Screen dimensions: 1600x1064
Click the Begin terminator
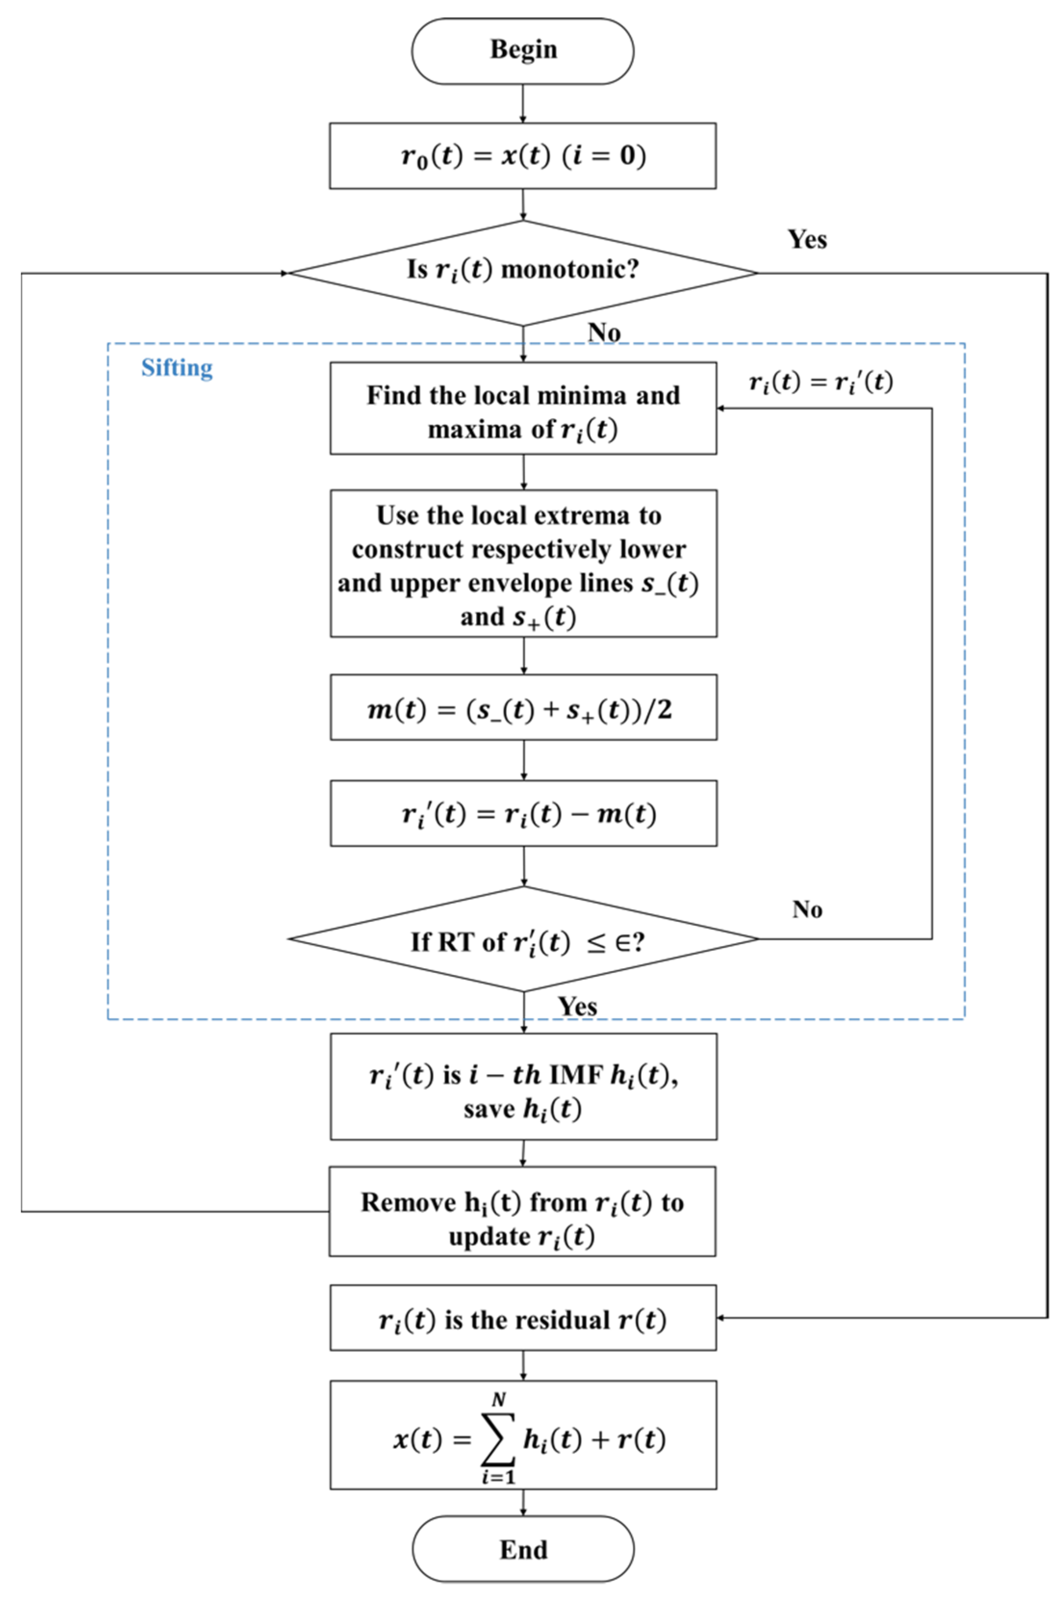[522, 51]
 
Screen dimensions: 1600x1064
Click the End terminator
[522, 1550]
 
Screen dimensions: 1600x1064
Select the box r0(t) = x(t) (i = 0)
[522, 155]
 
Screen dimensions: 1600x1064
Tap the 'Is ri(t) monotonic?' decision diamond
[522, 271]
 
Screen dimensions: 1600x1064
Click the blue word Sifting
[177, 368]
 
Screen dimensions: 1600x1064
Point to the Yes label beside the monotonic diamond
[807, 239]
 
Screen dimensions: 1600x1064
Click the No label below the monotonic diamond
[603, 332]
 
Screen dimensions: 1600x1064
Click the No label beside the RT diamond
[807, 909]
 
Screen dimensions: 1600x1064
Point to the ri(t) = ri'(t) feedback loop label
[821, 382]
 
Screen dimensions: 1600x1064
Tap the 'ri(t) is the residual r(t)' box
[522, 1320]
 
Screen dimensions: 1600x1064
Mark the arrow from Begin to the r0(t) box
[522, 103]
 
